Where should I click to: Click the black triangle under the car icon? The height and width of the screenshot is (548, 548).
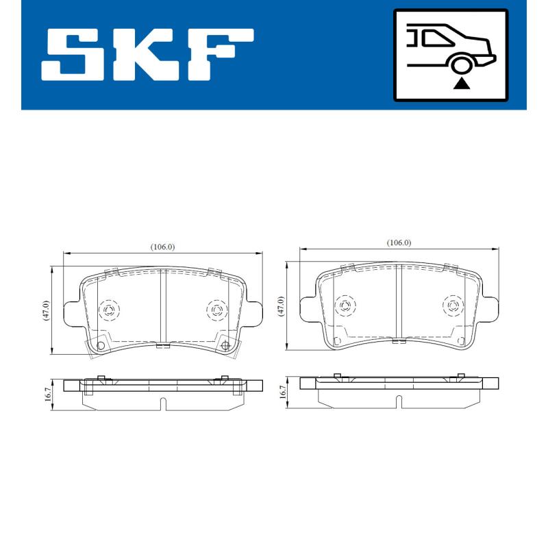462,83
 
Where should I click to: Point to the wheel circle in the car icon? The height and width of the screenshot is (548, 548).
462,65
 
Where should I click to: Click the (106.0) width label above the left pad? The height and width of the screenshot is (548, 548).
163,247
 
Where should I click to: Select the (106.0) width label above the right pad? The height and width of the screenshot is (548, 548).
399,242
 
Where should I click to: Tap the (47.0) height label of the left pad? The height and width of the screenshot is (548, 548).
46,310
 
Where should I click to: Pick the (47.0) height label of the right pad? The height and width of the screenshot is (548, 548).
281,305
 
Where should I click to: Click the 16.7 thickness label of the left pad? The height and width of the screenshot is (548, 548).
46,396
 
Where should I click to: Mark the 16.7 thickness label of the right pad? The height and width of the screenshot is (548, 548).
281,391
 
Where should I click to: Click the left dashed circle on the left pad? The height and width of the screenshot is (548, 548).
109,311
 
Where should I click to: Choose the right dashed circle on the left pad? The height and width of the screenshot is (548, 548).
217,311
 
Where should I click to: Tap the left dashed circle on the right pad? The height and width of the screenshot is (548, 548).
345,306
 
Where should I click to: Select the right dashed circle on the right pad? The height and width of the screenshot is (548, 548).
453,306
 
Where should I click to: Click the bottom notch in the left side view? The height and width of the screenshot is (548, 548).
162,404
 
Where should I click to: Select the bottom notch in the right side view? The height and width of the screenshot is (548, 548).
397,399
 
